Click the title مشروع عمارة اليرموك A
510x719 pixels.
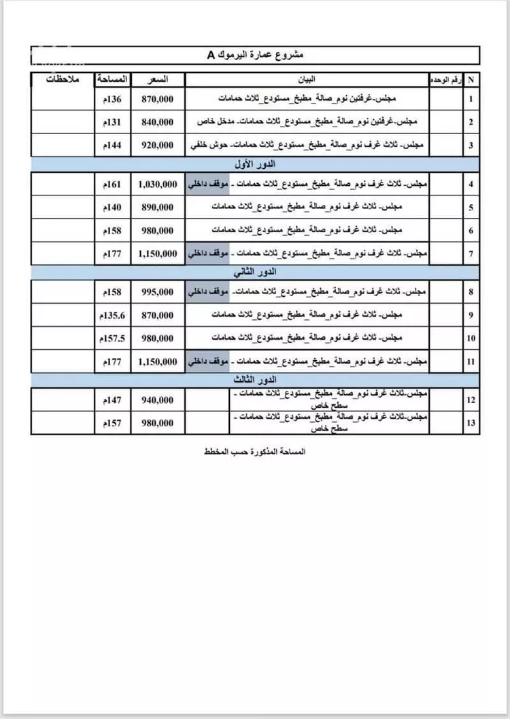256,55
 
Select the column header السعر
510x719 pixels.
157,80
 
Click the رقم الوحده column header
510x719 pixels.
446,80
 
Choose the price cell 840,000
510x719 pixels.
157,122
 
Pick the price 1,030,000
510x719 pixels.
157,185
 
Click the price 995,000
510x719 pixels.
157,292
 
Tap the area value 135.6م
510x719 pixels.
112,315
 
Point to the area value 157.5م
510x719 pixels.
112,338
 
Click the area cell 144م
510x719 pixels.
112,145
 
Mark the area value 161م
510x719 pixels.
112,185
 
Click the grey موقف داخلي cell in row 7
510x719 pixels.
207,253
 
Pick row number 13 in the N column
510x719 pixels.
471,423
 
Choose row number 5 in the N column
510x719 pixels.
471,207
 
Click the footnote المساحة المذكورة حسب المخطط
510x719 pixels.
255,451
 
